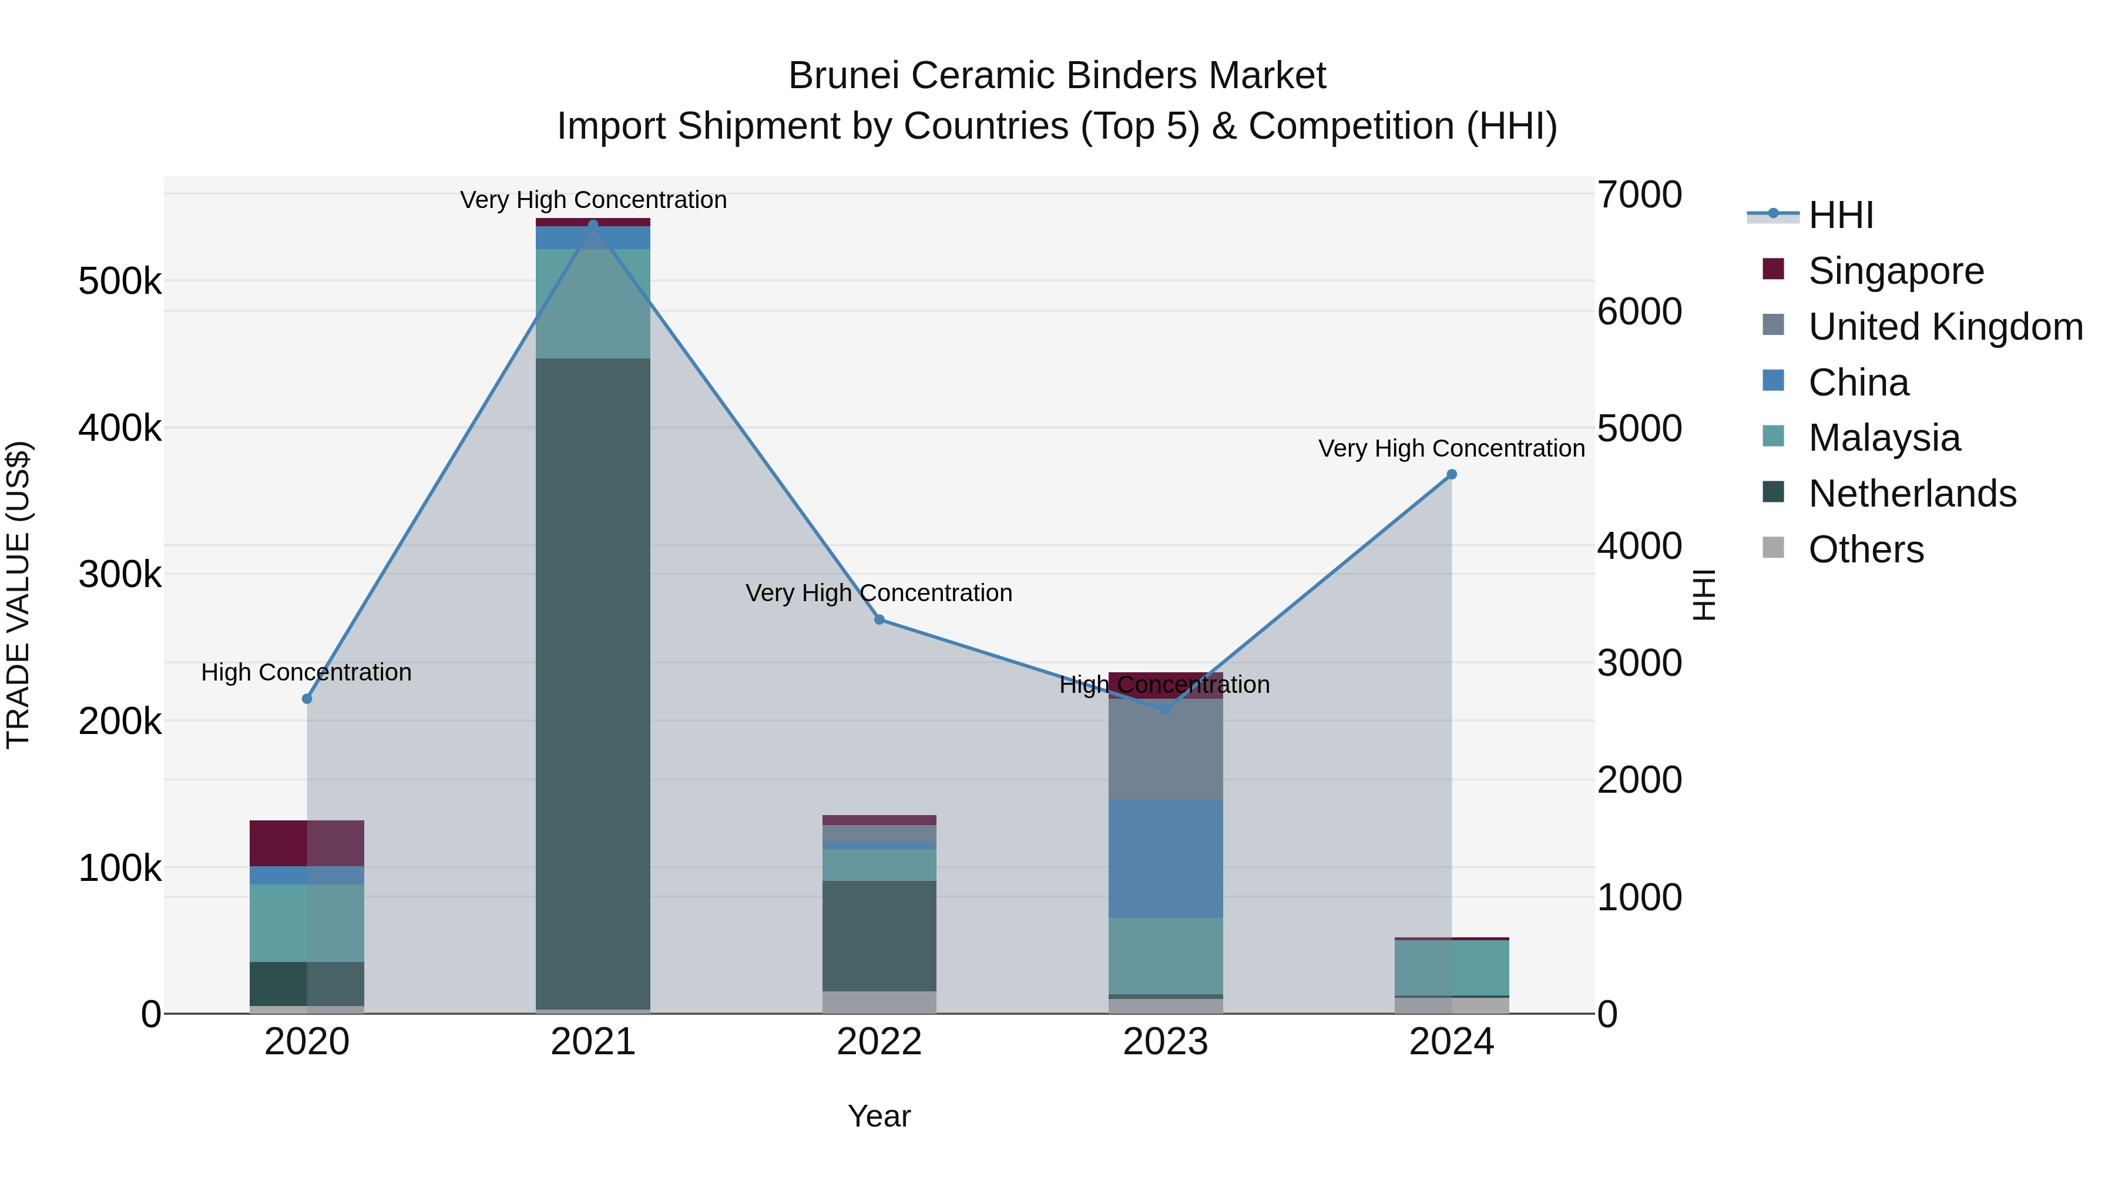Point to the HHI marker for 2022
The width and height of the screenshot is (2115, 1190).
[879, 620]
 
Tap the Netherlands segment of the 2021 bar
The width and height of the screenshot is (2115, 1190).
[593, 682]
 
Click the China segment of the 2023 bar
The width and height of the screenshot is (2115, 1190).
[1165, 858]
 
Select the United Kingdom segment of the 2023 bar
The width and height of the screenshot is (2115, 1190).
[1165, 749]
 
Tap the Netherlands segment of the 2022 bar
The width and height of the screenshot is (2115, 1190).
[879, 936]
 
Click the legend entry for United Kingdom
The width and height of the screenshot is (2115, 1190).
[1944, 327]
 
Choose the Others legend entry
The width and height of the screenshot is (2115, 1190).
[1865, 549]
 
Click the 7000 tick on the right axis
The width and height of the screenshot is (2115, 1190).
[1639, 196]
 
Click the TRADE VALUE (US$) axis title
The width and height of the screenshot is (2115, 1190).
[19, 595]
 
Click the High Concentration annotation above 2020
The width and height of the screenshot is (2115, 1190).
[306, 673]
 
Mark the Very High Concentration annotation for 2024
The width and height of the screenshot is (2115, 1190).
[1451, 449]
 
